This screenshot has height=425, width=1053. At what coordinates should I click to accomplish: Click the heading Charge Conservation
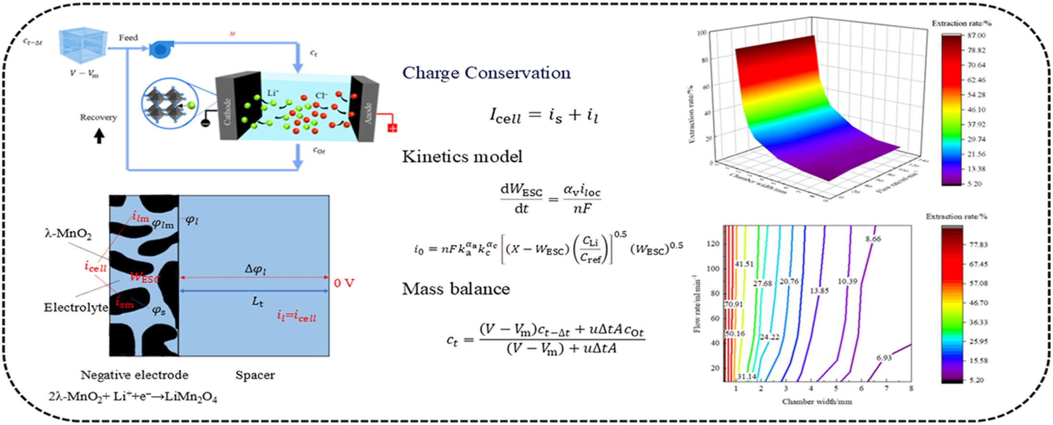point(486,73)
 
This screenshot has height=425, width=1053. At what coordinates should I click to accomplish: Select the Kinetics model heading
point(462,157)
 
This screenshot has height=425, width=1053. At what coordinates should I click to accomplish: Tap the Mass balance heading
point(456,289)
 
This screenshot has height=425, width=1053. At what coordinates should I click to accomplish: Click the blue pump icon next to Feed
point(158,48)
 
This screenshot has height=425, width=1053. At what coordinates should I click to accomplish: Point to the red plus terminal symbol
point(392,128)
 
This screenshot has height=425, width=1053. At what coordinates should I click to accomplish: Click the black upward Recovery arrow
point(99,137)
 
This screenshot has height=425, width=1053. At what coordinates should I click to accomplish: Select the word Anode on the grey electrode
point(368,113)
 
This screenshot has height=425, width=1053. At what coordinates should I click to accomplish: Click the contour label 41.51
point(744,264)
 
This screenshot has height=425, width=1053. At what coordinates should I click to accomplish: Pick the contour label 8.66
point(873,239)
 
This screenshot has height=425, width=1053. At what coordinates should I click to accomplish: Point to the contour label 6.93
point(884,357)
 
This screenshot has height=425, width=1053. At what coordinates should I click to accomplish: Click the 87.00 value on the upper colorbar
point(976,35)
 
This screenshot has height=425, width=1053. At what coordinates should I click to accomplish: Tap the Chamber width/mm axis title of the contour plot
point(817,401)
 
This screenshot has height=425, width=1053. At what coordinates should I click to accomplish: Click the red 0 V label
point(344,283)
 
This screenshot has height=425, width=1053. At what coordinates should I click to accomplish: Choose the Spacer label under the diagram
point(255,375)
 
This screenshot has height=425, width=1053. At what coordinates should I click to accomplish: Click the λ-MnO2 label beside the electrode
point(68,234)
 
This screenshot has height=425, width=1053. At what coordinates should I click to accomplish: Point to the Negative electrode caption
point(134,375)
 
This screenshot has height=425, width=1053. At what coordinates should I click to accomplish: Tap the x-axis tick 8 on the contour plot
point(911,388)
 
